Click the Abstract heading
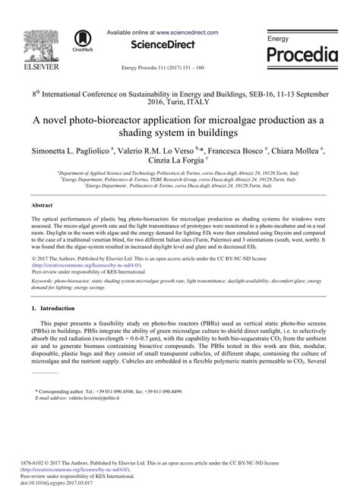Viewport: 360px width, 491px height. click(41, 205)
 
